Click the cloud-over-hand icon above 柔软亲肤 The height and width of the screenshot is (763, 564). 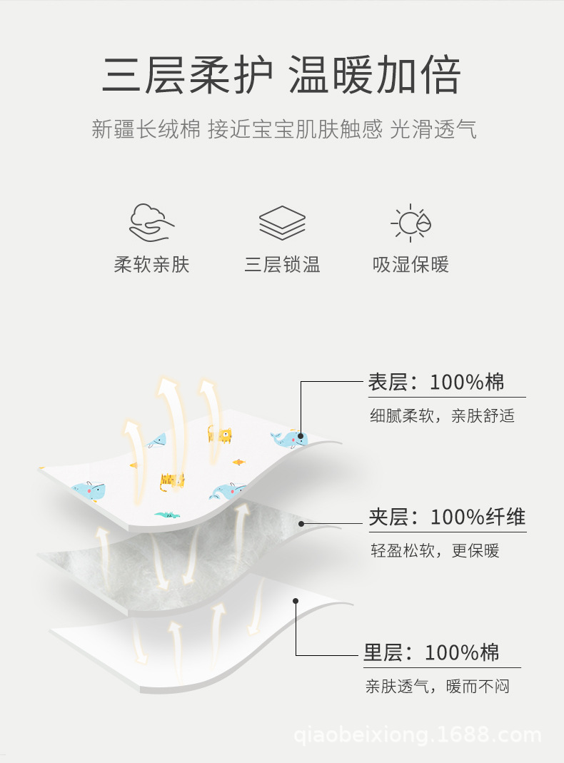click(x=151, y=222)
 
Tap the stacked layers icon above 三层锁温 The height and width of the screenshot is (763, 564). click(x=282, y=223)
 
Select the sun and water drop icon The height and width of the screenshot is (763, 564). click(x=411, y=223)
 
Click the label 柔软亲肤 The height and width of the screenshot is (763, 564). click(x=151, y=266)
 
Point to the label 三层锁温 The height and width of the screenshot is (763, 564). click(x=282, y=266)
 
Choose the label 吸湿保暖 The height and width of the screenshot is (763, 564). click(x=411, y=266)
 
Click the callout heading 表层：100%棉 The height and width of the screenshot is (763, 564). click(x=436, y=382)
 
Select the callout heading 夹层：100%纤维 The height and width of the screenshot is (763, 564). click(x=447, y=517)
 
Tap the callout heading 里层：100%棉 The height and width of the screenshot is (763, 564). click(x=432, y=652)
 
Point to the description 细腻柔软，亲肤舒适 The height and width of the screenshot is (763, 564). click(x=442, y=416)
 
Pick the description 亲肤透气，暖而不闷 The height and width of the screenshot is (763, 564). click(x=438, y=687)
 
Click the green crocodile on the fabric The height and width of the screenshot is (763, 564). click(x=166, y=514)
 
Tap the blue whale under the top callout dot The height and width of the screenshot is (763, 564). click(x=288, y=440)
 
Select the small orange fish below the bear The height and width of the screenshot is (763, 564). click(x=238, y=463)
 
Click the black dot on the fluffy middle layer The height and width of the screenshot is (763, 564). click(x=301, y=524)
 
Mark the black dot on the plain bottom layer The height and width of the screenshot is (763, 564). click(x=296, y=601)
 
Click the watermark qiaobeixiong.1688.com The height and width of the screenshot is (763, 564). click(x=418, y=735)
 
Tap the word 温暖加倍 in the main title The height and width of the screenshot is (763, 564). click(x=374, y=75)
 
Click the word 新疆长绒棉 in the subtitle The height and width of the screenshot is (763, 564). click(x=146, y=130)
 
